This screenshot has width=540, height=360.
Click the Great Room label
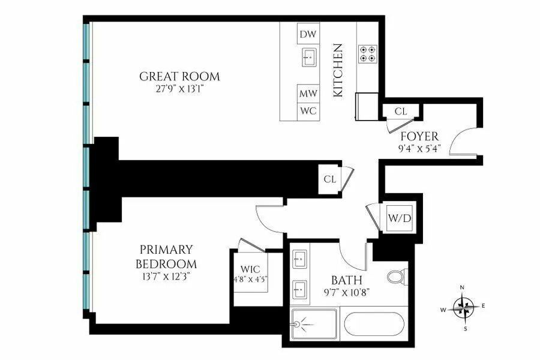[179, 77]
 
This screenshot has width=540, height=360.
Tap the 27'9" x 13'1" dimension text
[179, 89]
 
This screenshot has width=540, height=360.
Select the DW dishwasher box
[308, 34]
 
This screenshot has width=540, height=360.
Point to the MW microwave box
[308, 94]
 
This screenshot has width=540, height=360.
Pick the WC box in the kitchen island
[308, 111]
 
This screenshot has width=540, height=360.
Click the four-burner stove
[367, 54]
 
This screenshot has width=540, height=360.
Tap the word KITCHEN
[338, 70]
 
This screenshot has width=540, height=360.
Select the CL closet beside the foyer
[401, 111]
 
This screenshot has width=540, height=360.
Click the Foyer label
[419, 137]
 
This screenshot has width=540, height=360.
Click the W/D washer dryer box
[400, 218]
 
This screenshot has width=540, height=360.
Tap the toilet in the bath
[397, 277]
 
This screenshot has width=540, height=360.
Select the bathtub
[374, 324]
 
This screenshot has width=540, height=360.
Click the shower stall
[314, 325]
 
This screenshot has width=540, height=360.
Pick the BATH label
[347, 280]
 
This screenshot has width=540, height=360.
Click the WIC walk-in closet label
[250, 269]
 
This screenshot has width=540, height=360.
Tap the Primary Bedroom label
[166, 256]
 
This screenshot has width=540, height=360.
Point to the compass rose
[463, 308]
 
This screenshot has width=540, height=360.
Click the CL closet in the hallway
[329, 179]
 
